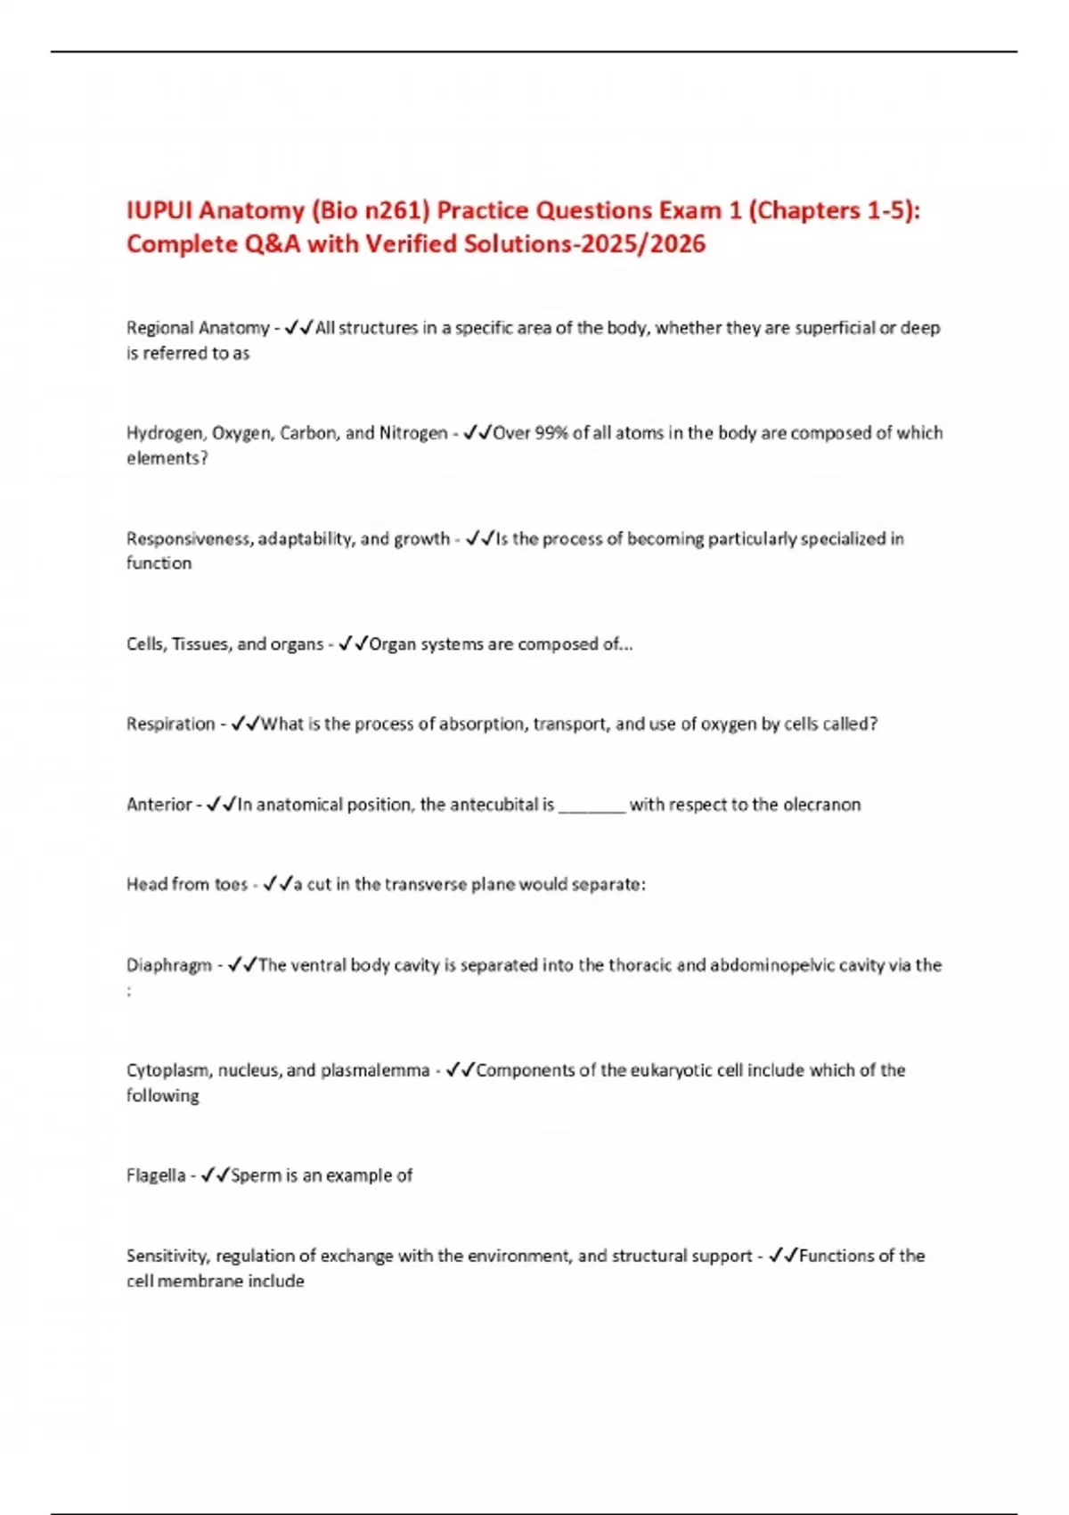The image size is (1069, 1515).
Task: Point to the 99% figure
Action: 551,433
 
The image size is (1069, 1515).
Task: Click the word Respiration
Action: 170,724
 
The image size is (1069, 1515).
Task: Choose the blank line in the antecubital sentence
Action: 592,805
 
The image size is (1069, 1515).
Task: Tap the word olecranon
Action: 821,805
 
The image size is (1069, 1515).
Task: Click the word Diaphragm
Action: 169,965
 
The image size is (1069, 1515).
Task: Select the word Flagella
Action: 156,1175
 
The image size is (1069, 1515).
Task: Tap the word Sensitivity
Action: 167,1256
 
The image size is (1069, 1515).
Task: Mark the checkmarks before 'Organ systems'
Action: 354,643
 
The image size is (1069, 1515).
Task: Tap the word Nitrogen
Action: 413,433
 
